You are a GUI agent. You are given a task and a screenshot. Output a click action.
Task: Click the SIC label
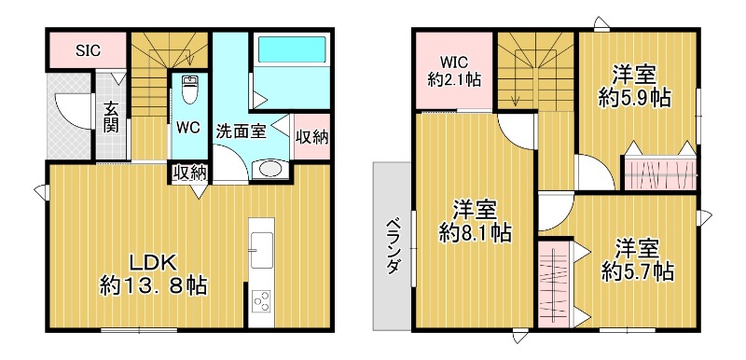[88, 48]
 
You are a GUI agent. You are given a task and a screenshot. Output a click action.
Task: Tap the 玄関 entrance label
[111, 115]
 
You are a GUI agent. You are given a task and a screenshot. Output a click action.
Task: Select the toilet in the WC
[190, 90]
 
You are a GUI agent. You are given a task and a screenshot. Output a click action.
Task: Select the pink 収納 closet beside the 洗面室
[311, 136]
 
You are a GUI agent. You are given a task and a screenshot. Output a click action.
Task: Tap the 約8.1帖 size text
[476, 233]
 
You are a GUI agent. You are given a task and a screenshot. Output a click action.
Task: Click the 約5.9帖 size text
[638, 97]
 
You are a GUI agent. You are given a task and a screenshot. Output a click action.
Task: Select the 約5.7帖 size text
[638, 271]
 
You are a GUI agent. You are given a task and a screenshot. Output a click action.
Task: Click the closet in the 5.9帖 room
[659, 174]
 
